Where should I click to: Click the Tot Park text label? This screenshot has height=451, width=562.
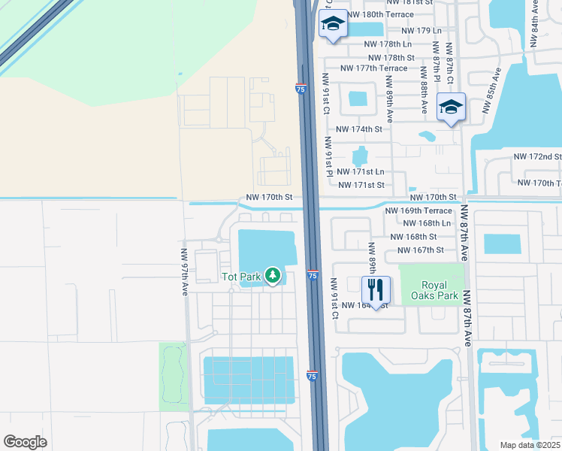[x=240, y=277]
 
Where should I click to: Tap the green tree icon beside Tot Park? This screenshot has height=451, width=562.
[x=273, y=277]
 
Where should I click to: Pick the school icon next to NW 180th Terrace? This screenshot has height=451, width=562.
[x=332, y=24]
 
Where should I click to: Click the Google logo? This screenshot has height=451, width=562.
[x=26, y=442]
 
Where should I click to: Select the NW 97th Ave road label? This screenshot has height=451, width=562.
[x=184, y=272]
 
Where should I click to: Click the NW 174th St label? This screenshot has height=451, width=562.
[x=359, y=129]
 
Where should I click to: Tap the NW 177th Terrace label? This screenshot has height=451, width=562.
[x=373, y=68]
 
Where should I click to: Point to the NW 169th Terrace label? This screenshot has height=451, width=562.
[x=418, y=211]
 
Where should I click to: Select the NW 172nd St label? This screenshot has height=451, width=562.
[x=537, y=157]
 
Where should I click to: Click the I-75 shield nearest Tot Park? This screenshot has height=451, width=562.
[x=312, y=276]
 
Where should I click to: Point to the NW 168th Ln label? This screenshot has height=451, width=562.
[x=427, y=223]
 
